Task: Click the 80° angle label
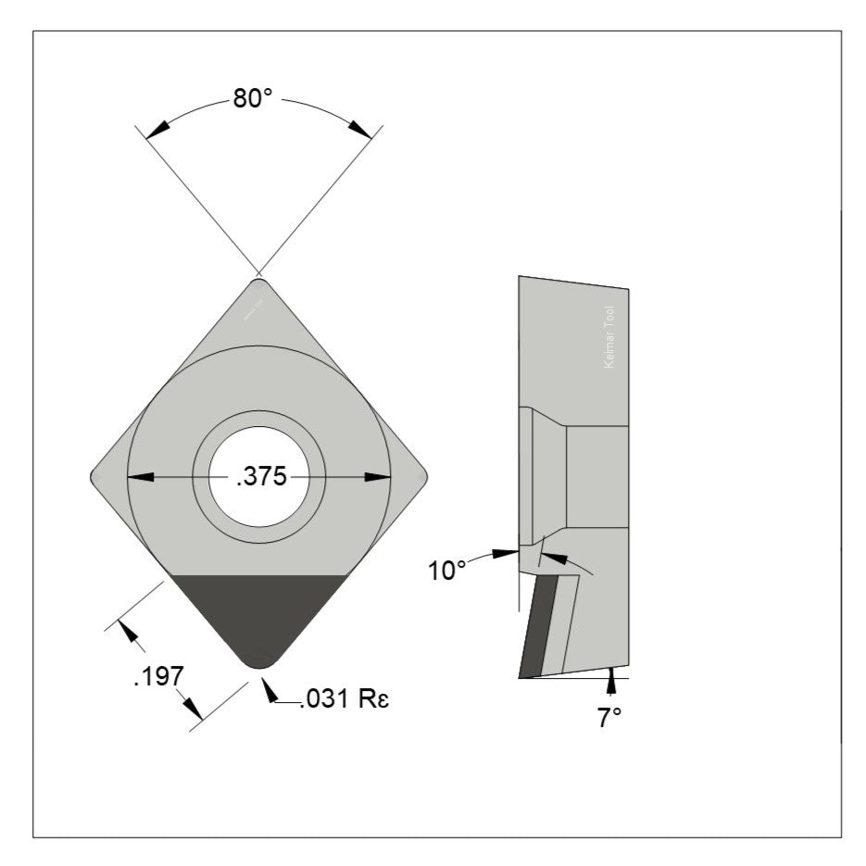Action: coord(253,100)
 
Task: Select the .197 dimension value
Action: coord(154,677)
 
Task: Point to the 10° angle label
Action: coord(446,571)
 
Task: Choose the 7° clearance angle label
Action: coord(609,718)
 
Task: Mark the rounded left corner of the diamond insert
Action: coord(96,477)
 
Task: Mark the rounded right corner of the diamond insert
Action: coord(422,477)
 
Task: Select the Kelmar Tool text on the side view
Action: coord(609,338)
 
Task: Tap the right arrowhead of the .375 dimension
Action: coord(378,477)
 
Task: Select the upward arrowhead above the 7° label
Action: coord(610,684)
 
